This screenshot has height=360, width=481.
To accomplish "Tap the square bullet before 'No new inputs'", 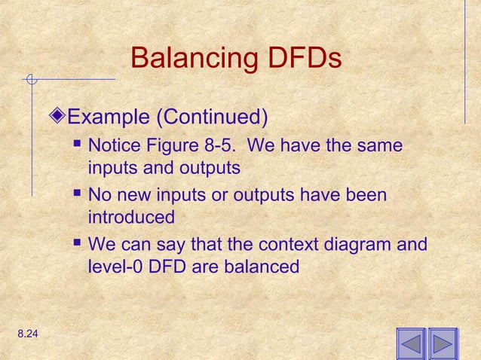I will [x=78, y=195].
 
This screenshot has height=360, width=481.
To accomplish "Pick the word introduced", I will [x=132, y=218].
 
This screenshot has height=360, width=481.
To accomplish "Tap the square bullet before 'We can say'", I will [x=78, y=245].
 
